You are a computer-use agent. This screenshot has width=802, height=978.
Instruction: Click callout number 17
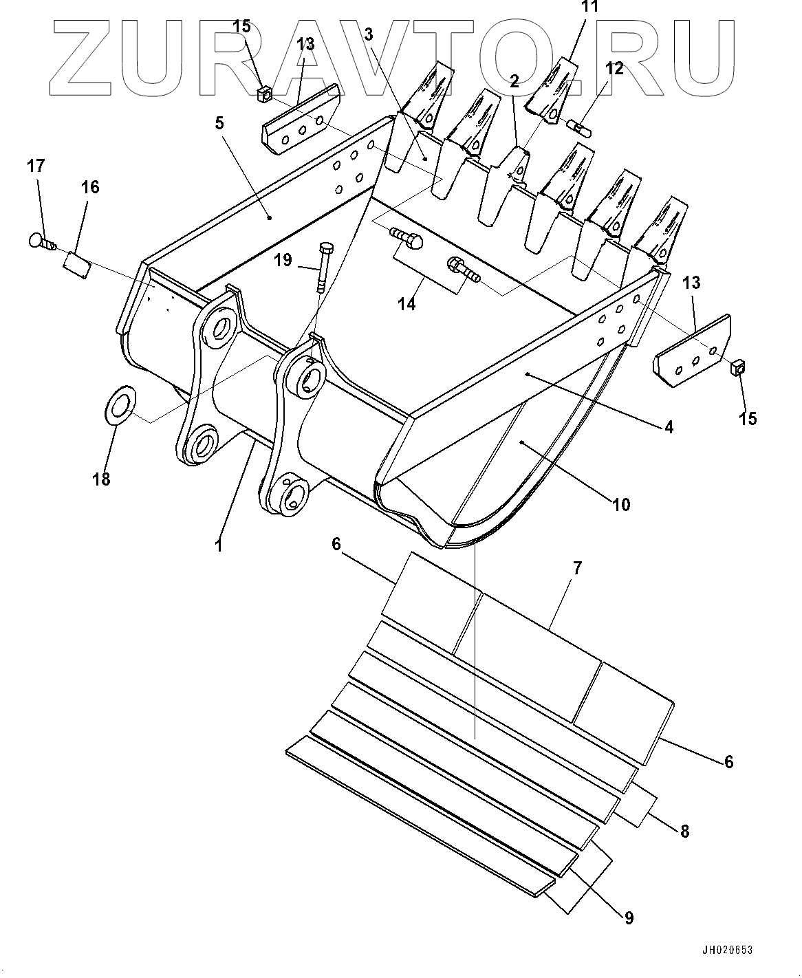point(36,166)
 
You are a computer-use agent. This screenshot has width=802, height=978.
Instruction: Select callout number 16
point(90,187)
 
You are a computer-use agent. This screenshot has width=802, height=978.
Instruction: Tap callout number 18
point(101,479)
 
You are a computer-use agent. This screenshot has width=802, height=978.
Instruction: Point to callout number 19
point(283,260)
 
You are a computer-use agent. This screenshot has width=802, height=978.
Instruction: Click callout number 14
point(408,303)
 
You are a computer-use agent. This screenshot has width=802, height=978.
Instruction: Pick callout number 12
point(614,68)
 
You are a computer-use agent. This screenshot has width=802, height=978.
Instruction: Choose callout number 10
point(620,505)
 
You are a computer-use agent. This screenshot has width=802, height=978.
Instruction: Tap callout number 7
point(577,568)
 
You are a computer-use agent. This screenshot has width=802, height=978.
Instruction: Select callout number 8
point(684,831)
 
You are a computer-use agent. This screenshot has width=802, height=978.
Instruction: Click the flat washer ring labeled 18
point(120,407)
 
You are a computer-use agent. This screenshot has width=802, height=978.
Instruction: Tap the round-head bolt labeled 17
point(41,241)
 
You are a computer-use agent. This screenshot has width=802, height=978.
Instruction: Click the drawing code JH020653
point(727,950)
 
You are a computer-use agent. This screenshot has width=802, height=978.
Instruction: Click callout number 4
point(668,426)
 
